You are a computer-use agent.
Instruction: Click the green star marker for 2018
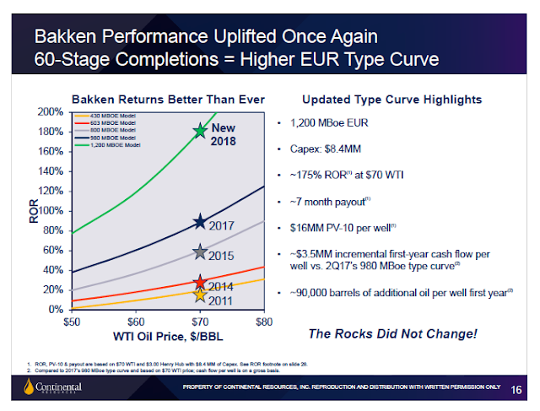(x=200, y=131)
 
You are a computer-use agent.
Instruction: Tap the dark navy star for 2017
(x=200, y=222)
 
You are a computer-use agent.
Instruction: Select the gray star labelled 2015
(x=200, y=251)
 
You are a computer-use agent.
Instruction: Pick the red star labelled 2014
(x=200, y=283)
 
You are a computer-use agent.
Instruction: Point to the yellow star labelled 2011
(x=200, y=294)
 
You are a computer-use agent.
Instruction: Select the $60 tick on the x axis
(x=135, y=321)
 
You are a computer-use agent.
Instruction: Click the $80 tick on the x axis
(x=264, y=321)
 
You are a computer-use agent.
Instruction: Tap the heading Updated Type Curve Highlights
(x=391, y=98)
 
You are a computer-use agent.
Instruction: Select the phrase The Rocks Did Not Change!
(x=392, y=334)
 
